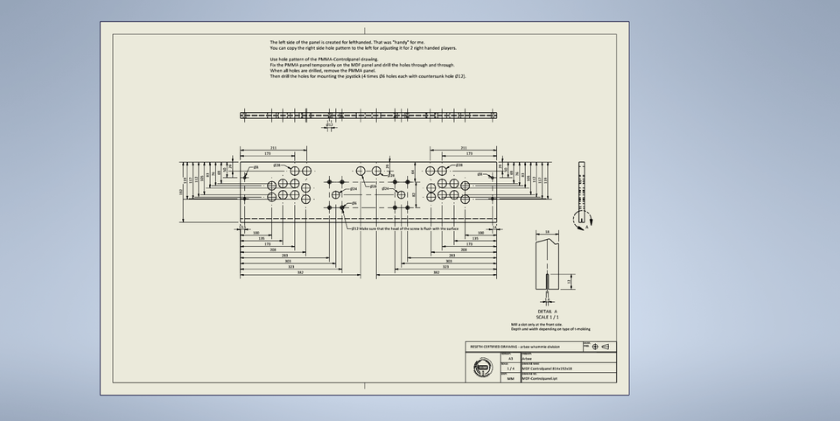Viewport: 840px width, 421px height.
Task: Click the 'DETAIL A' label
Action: tap(549, 311)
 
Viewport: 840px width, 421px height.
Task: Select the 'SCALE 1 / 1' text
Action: tap(549, 316)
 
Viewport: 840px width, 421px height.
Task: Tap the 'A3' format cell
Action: tap(511, 359)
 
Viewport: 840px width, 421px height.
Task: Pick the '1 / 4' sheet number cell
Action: tap(511, 368)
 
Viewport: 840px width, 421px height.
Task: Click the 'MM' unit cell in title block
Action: tap(511, 379)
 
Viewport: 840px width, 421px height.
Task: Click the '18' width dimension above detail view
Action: tap(547, 232)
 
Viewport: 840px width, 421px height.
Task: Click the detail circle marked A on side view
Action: tap(580, 220)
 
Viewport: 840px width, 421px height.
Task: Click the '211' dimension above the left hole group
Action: tap(274, 148)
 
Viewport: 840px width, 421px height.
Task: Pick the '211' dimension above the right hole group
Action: tap(463, 148)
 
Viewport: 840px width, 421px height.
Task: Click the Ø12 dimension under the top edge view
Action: tap(329, 125)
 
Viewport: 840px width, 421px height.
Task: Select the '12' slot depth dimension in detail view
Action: tap(570, 282)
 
